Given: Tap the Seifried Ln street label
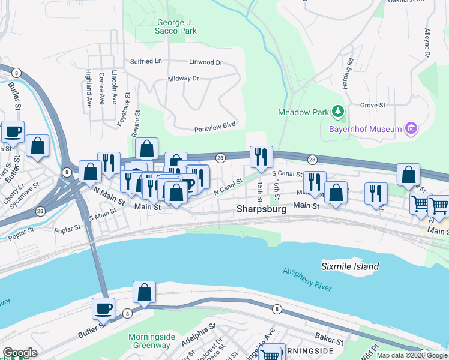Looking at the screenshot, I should pos(146,62).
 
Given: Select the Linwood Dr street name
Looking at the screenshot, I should pos(205,62).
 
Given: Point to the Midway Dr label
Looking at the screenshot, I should pos(183,79).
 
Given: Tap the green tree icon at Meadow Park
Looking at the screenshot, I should pos(338,112).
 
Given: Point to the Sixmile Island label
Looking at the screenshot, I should pos(350,266).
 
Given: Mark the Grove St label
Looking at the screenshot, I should pos(373,105).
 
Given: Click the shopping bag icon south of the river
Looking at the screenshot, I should pos(145,292).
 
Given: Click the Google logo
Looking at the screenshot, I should pos(20,353).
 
